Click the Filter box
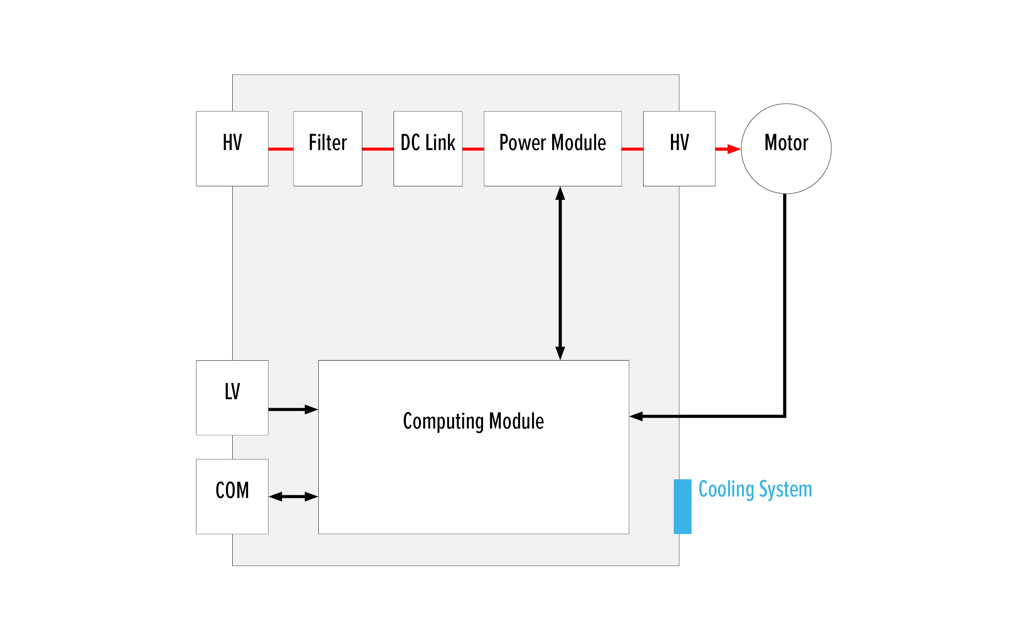tap(328, 149)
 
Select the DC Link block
tap(427, 149)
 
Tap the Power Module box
tap(552, 149)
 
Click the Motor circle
tap(786, 149)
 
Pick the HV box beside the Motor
tap(679, 149)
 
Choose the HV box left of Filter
tap(232, 149)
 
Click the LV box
tap(232, 398)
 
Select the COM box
tap(232, 496)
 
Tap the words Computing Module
tap(473, 421)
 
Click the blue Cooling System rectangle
tap(682, 506)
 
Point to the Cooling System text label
tap(755, 489)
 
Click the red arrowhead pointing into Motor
tap(734, 149)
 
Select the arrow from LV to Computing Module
tap(293, 410)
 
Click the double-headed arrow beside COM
tap(293, 496)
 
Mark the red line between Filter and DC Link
tap(377, 149)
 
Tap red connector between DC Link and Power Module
tap(473, 149)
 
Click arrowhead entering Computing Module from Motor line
tap(636, 416)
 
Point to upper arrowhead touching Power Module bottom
tap(560, 194)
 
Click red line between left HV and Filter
tap(280, 149)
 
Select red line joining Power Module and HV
tap(632, 149)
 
